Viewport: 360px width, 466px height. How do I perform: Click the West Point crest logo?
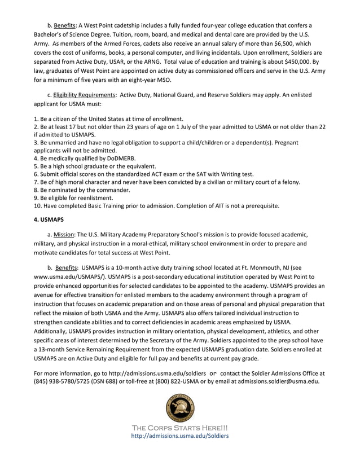click(x=180, y=406)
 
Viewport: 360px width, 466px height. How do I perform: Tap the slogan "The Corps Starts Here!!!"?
click(x=180, y=427)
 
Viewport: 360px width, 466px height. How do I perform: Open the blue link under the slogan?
click(x=180, y=436)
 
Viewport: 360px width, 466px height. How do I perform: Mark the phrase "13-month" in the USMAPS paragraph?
click(x=56, y=349)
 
